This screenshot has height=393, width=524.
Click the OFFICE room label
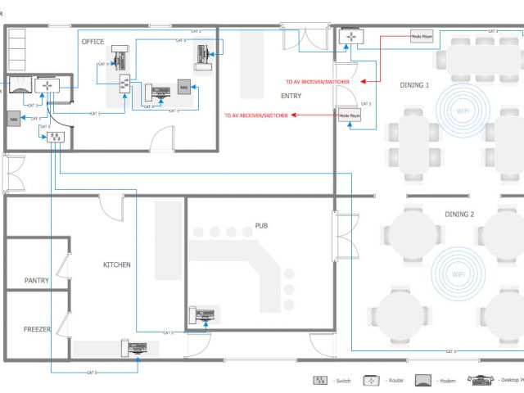[92, 41]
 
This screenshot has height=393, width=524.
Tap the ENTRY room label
[291, 96]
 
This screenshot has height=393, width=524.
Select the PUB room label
[261, 225]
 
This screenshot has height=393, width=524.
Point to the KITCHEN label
[116, 264]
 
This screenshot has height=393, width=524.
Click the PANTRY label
[37, 281]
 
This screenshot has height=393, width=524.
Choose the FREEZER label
[37, 329]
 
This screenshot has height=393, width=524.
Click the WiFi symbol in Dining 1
[463, 111]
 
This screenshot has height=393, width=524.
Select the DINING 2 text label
[459, 215]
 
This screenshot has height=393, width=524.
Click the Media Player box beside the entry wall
[350, 117]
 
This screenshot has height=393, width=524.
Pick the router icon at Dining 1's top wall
[351, 37]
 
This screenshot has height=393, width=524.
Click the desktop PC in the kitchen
[135, 346]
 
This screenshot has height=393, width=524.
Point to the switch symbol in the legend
[320, 381]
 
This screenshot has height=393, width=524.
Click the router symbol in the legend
[373, 381]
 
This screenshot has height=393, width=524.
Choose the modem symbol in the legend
[423, 381]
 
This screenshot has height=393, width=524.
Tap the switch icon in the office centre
[125, 84]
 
